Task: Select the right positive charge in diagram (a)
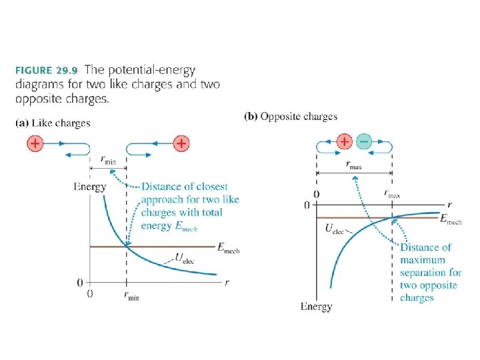tap(181, 143)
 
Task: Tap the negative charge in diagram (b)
tap(363, 142)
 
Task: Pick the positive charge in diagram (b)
tap(344, 142)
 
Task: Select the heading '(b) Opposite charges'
tap(291, 117)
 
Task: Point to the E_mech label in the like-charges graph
tap(228, 247)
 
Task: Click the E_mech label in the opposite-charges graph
tap(451, 219)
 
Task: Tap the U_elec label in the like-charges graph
tap(184, 256)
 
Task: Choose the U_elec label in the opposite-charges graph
tap(334, 229)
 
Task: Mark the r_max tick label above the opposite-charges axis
tap(393, 193)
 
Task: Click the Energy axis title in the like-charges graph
tap(89, 187)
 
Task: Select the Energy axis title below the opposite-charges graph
tap(316, 307)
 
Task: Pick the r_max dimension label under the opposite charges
tap(354, 166)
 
